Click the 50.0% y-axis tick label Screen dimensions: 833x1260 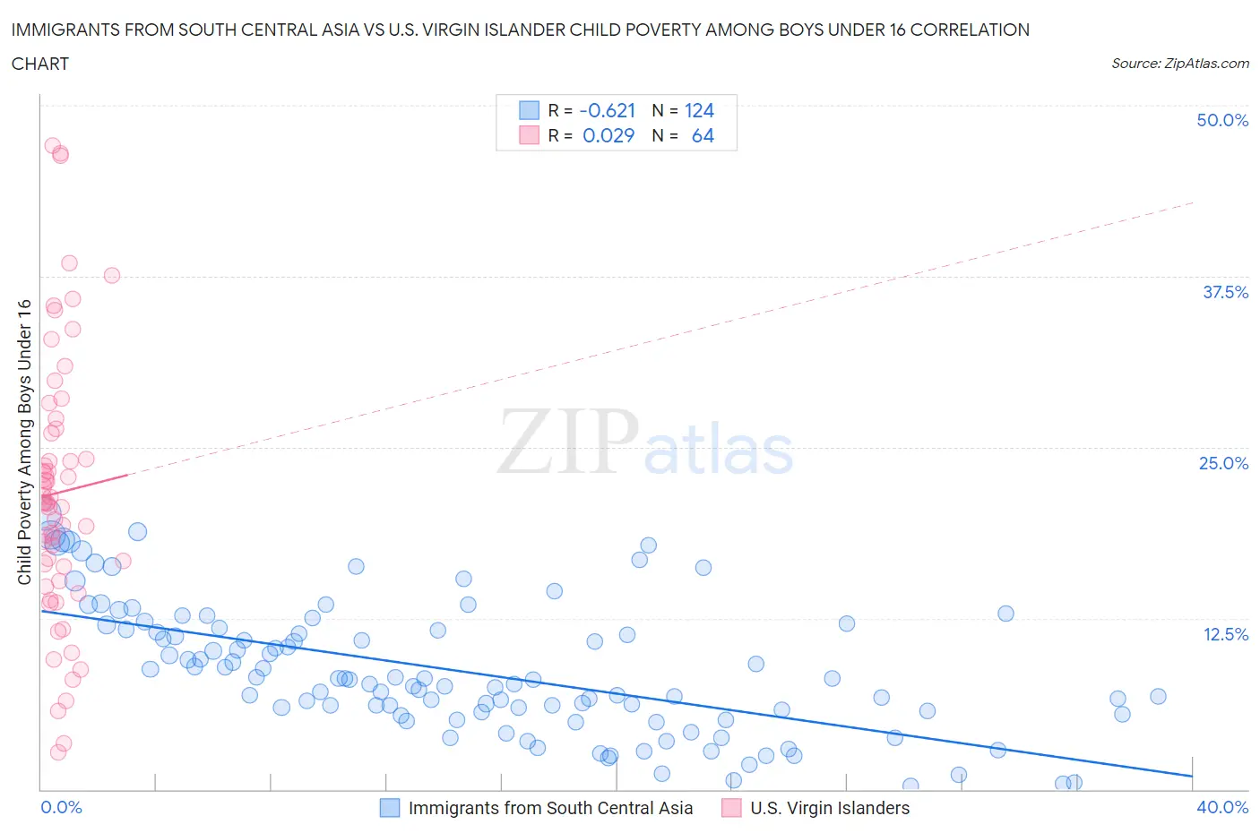coord(1222,120)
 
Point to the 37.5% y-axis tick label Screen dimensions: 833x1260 coord(1225,292)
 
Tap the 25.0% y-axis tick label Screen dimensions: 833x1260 coord(1223,463)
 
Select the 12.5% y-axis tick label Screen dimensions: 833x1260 coord(1225,634)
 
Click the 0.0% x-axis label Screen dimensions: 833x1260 coord(61,807)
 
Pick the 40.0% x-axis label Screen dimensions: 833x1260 coord(1222,807)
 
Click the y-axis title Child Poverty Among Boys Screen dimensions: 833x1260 coord(24,442)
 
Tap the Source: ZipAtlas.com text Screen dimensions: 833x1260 coord(1179,64)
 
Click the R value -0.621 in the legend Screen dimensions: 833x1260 coord(608,110)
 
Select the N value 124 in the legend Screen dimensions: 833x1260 coord(699,110)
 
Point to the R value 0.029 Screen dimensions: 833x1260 coord(608,135)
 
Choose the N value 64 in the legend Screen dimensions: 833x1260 coord(703,135)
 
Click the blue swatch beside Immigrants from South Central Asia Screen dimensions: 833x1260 coord(390,808)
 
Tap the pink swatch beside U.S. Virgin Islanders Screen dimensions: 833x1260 coord(731,808)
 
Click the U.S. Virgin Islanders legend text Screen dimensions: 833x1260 coord(830,808)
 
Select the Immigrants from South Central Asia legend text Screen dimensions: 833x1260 coord(550,808)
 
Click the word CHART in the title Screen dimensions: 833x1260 coord(40,64)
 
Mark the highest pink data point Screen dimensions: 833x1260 coord(53,146)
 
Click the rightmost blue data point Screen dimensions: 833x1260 coord(1158,696)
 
